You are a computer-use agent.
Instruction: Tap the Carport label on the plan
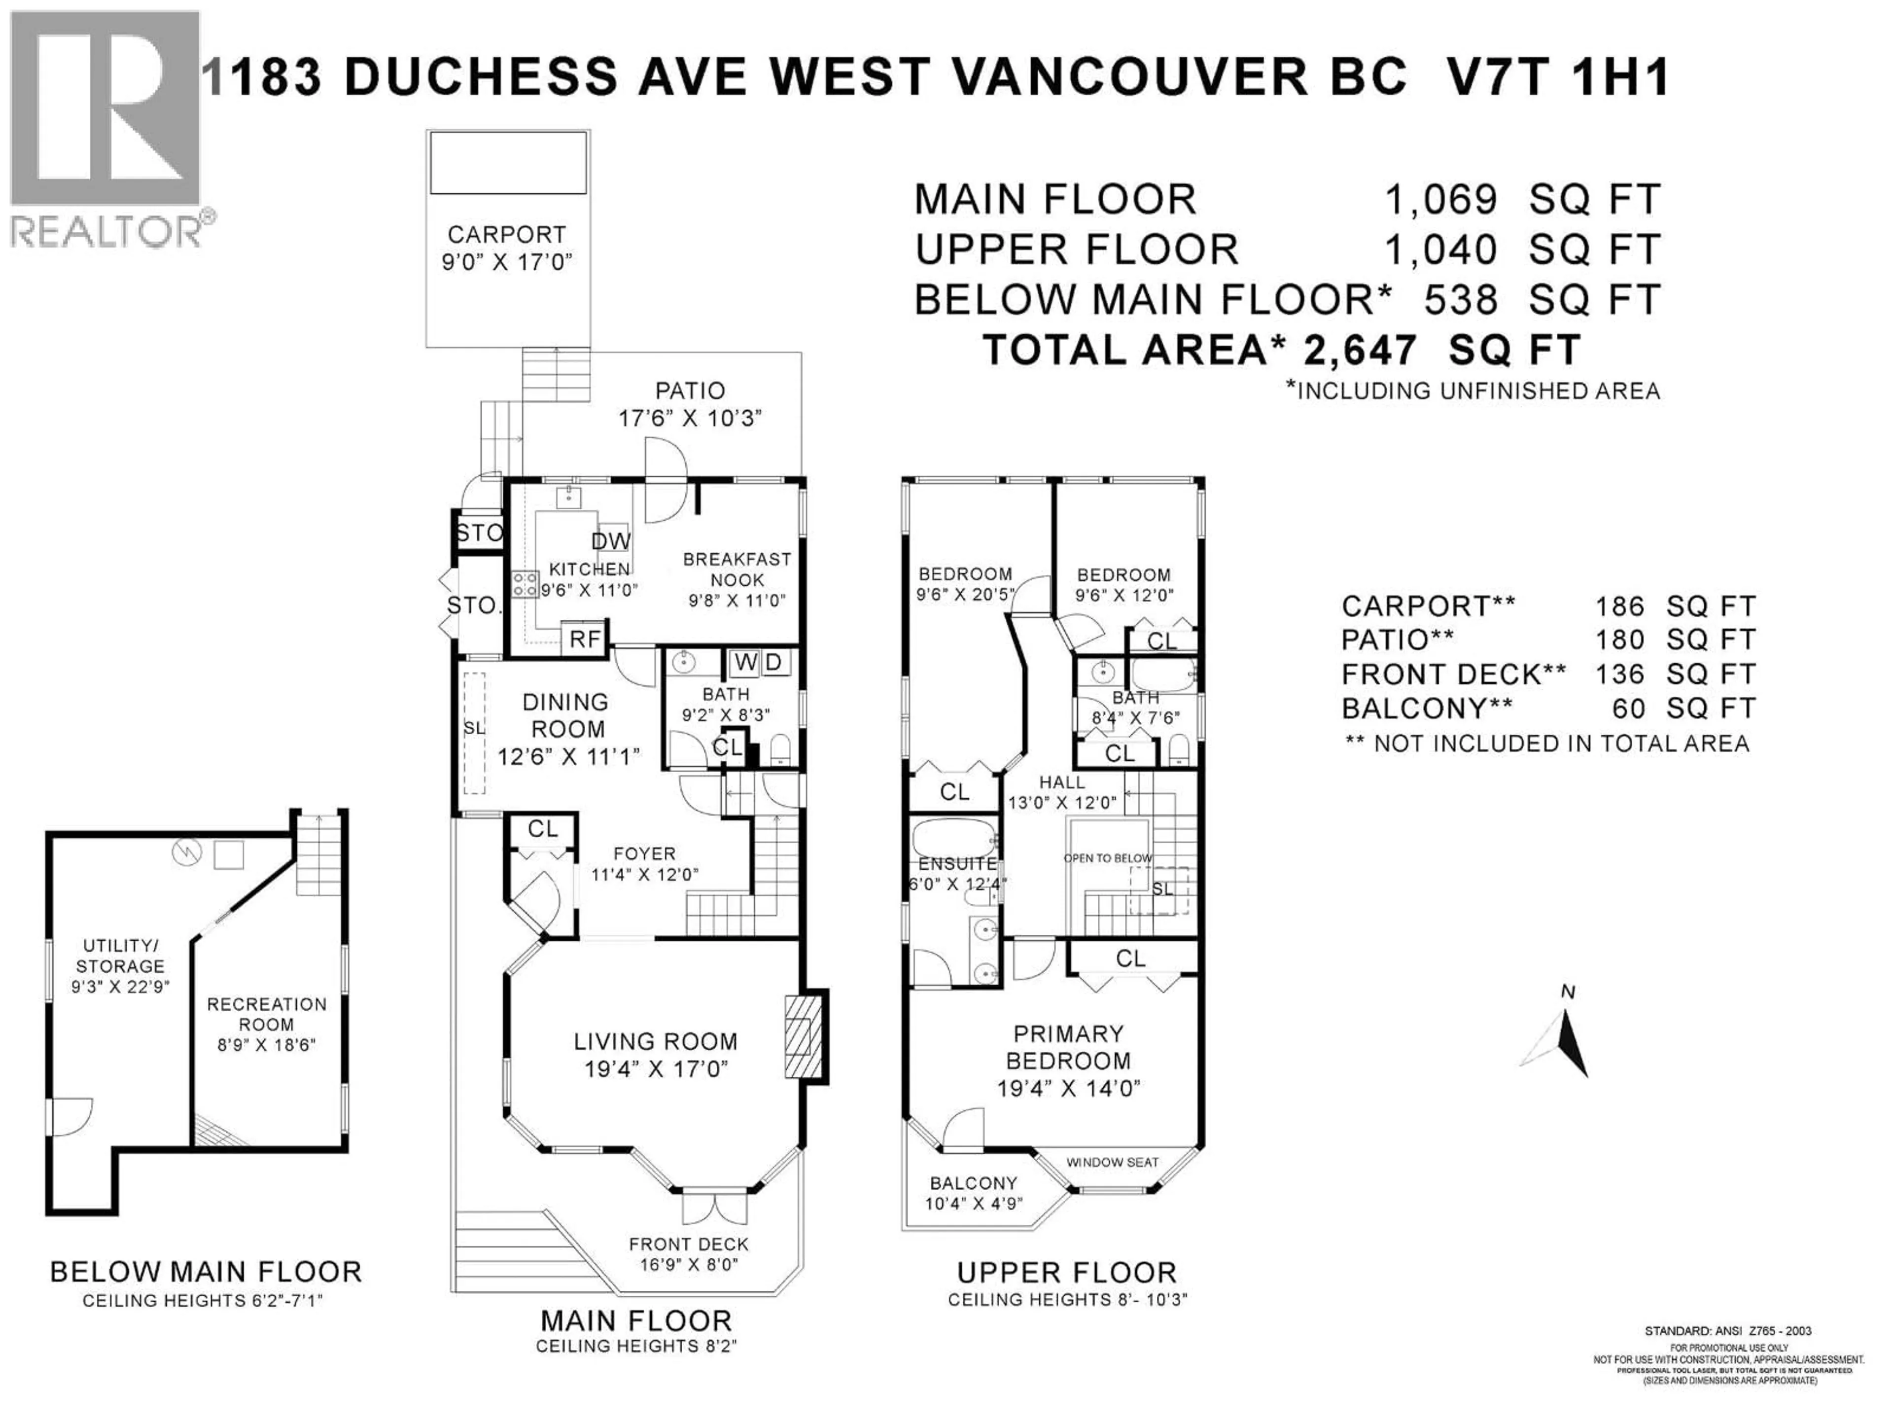[x=507, y=235]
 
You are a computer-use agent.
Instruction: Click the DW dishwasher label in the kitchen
[x=611, y=541]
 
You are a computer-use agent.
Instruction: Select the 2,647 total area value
[x=1359, y=350]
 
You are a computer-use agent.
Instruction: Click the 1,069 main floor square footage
[x=1441, y=200]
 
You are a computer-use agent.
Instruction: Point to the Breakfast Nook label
[x=737, y=569]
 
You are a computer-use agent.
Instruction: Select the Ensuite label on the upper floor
[x=957, y=864]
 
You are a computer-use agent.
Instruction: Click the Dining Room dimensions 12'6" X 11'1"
[x=568, y=757]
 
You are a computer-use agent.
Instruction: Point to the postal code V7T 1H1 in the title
[x=1557, y=77]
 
